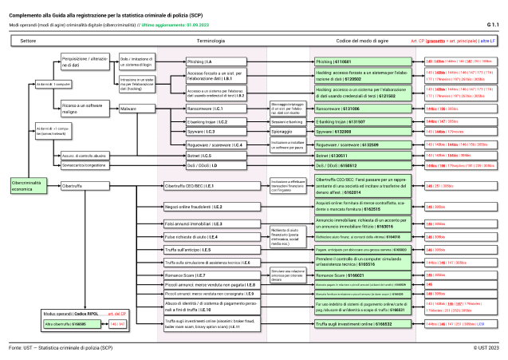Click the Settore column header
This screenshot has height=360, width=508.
pyautogui.click(x=29, y=39)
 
